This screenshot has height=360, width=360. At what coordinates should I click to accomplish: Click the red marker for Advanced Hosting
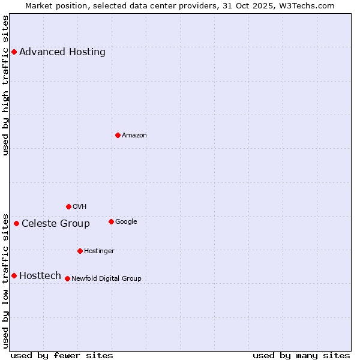click(14, 52)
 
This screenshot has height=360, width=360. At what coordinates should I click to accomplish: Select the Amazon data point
click(118, 135)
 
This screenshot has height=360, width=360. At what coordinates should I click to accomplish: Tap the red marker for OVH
click(68, 206)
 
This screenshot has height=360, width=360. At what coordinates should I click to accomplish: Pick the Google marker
click(111, 221)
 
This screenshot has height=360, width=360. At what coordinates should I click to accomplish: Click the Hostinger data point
click(80, 251)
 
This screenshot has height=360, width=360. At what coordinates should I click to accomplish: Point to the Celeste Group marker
click(16, 223)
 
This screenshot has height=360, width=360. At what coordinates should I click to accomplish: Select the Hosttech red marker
click(14, 275)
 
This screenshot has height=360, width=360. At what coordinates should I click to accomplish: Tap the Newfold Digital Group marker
click(67, 278)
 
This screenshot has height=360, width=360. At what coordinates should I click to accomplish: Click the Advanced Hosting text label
click(62, 52)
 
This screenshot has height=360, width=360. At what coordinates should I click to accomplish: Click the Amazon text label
click(134, 136)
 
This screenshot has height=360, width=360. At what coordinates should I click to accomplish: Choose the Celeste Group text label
click(56, 224)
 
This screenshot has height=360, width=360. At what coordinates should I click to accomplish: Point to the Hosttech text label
click(40, 276)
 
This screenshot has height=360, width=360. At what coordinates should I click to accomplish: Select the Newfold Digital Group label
click(106, 278)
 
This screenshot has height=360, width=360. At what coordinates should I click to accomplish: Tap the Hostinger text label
click(99, 251)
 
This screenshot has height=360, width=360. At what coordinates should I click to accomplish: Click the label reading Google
click(126, 221)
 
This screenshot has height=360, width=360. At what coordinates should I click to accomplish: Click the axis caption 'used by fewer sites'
click(62, 355)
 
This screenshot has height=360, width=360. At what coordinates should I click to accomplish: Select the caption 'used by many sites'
click(301, 355)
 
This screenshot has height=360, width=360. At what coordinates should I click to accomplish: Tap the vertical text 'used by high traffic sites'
click(6, 85)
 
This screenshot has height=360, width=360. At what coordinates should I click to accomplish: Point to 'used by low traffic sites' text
click(6, 280)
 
